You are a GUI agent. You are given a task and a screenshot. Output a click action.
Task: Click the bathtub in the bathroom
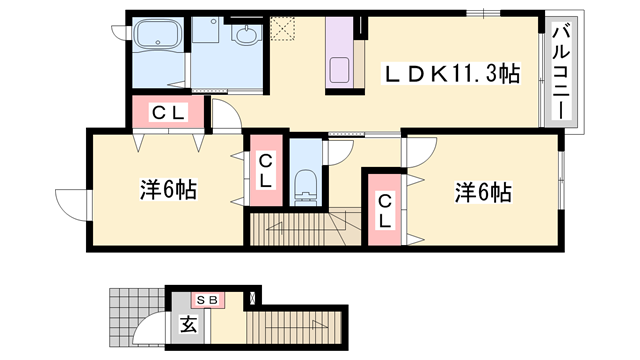tap(156, 40)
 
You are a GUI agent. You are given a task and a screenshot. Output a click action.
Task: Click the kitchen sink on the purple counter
tap(339, 70)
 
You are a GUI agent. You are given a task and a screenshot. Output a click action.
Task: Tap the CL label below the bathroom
tap(167, 112)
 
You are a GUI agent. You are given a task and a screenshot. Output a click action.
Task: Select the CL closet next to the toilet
tap(265, 171)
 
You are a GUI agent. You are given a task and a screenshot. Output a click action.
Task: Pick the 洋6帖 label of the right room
tap(485, 190)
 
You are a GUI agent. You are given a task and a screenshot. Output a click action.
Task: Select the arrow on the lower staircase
tap(318, 325)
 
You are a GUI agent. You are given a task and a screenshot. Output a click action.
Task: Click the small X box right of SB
tap(252, 297)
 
